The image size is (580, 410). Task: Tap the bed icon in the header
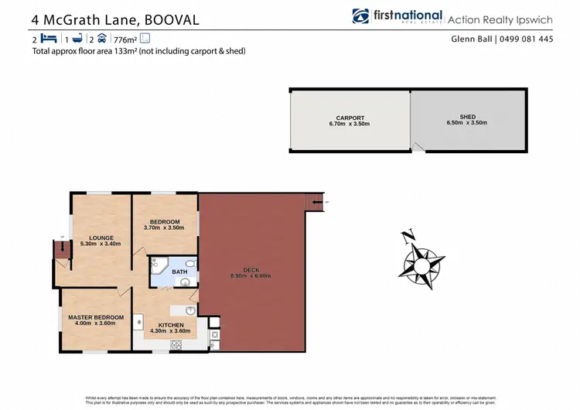pyautogui.click(x=48, y=38)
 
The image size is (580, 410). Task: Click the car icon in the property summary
pyautogui.click(x=102, y=38)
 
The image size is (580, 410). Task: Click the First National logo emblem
pyautogui.click(x=360, y=16)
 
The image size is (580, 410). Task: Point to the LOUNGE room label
pyautogui.click(x=101, y=237)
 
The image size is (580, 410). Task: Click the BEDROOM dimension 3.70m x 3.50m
pyautogui.click(x=164, y=228)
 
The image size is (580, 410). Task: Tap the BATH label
pyautogui.click(x=179, y=272)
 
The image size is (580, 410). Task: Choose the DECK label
pyautogui.click(x=250, y=270)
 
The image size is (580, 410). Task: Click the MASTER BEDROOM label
pyautogui.click(x=96, y=317)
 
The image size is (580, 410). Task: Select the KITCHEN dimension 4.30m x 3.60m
pyautogui.click(x=171, y=331)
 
